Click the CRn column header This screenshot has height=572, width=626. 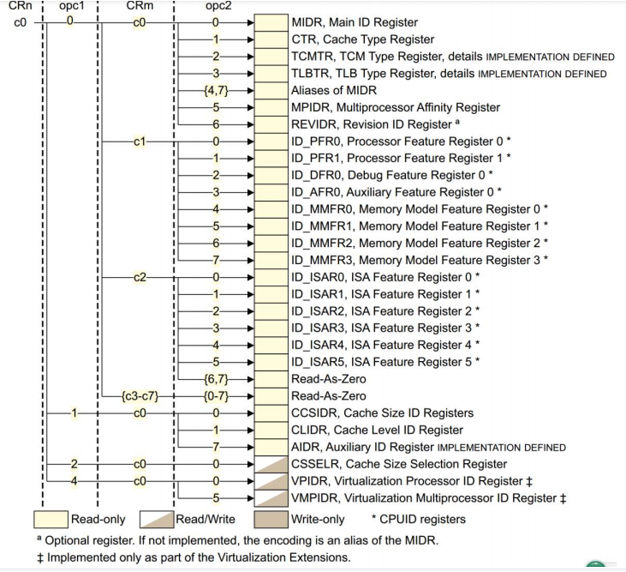19,7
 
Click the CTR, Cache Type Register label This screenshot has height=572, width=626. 362,39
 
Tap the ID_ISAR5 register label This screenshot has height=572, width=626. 385,362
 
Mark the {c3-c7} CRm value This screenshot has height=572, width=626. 138,396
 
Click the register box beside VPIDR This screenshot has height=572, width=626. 270,481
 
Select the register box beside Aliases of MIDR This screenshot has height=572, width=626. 270,90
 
